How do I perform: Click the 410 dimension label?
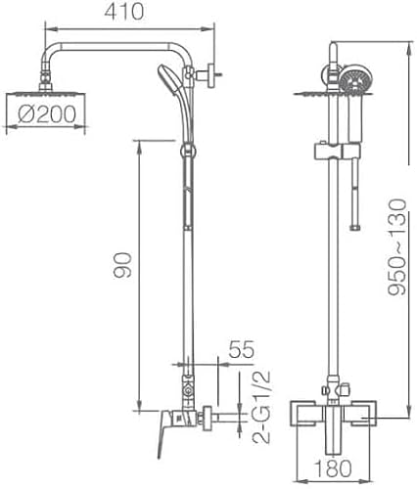click(x=123, y=12)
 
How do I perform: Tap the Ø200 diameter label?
click(x=47, y=114)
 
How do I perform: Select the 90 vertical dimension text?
click(x=122, y=265)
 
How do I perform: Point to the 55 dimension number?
click(x=241, y=349)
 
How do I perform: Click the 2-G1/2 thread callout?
click(x=261, y=406)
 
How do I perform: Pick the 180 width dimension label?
click(x=333, y=468)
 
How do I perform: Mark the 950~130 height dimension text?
click(x=397, y=247)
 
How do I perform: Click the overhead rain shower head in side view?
click(x=46, y=94)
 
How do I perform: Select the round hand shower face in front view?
click(x=355, y=79)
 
